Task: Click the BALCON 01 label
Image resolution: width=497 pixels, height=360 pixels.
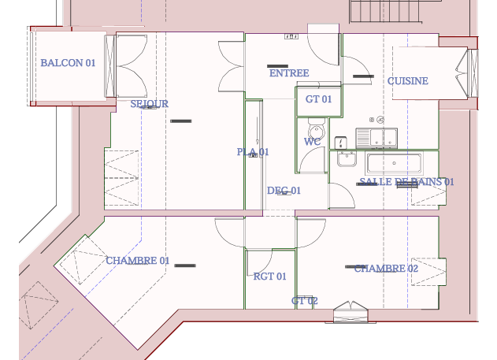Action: point(68,63)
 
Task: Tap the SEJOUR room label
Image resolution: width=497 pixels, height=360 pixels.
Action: point(150,104)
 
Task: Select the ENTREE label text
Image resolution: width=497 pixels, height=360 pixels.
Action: point(289,73)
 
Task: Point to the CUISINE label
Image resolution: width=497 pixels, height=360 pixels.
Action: point(408,81)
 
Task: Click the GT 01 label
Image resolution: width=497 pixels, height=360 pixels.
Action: point(318,99)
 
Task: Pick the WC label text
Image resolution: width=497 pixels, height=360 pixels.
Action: point(312,142)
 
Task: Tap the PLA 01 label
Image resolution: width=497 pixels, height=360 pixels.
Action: point(253,152)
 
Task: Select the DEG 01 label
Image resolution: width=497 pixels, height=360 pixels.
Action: point(284,191)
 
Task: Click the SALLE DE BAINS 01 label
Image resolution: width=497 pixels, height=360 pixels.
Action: point(406,182)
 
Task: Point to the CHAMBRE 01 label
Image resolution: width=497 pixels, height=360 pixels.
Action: point(138,261)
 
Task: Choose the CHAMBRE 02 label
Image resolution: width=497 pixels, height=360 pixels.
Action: point(386,269)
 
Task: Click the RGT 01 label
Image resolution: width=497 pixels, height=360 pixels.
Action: point(269,276)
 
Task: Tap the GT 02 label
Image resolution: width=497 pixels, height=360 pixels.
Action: point(304,301)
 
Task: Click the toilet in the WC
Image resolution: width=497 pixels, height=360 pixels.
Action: point(317,128)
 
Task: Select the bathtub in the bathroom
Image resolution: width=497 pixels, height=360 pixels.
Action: point(394,163)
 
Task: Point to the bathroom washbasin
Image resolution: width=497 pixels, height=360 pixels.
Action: point(347,158)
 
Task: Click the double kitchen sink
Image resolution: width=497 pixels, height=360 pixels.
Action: point(376,138)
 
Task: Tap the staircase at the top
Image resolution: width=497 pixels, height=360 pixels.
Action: point(386,11)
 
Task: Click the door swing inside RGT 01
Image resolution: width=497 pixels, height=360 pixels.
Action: point(260,262)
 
